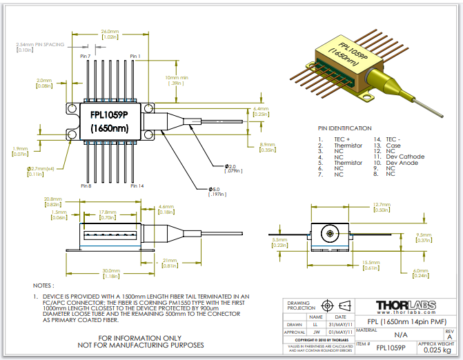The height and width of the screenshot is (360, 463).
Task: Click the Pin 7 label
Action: pyautogui.click(x=86, y=56)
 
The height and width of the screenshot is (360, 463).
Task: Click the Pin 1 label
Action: pyautogui.click(x=135, y=56)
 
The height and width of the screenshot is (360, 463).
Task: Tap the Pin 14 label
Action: pyautogui.click(x=136, y=186)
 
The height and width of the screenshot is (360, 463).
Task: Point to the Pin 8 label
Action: pyautogui.click(x=86, y=186)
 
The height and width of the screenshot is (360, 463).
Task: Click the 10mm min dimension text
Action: pyautogui.click(x=177, y=77)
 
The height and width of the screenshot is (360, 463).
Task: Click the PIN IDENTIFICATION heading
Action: pyautogui.click(x=344, y=128)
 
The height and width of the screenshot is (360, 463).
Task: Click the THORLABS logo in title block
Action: pyautogui.click(x=405, y=305)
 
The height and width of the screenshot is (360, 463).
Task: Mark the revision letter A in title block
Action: pyautogui.click(x=450, y=337)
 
